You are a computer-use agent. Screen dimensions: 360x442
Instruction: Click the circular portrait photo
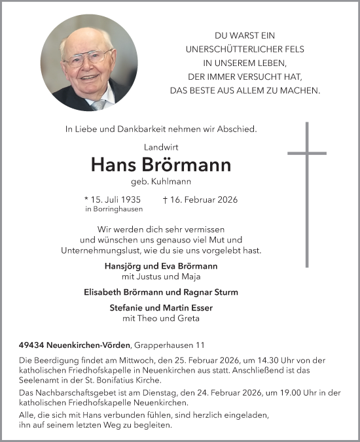coord(89,63)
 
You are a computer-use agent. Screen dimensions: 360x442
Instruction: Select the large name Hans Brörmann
coord(161,165)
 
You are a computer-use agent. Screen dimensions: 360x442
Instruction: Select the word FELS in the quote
coord(292,49)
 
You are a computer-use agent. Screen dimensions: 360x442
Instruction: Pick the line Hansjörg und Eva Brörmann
coord(161,266)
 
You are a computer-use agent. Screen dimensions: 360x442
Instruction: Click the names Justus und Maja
coord(161,276)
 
